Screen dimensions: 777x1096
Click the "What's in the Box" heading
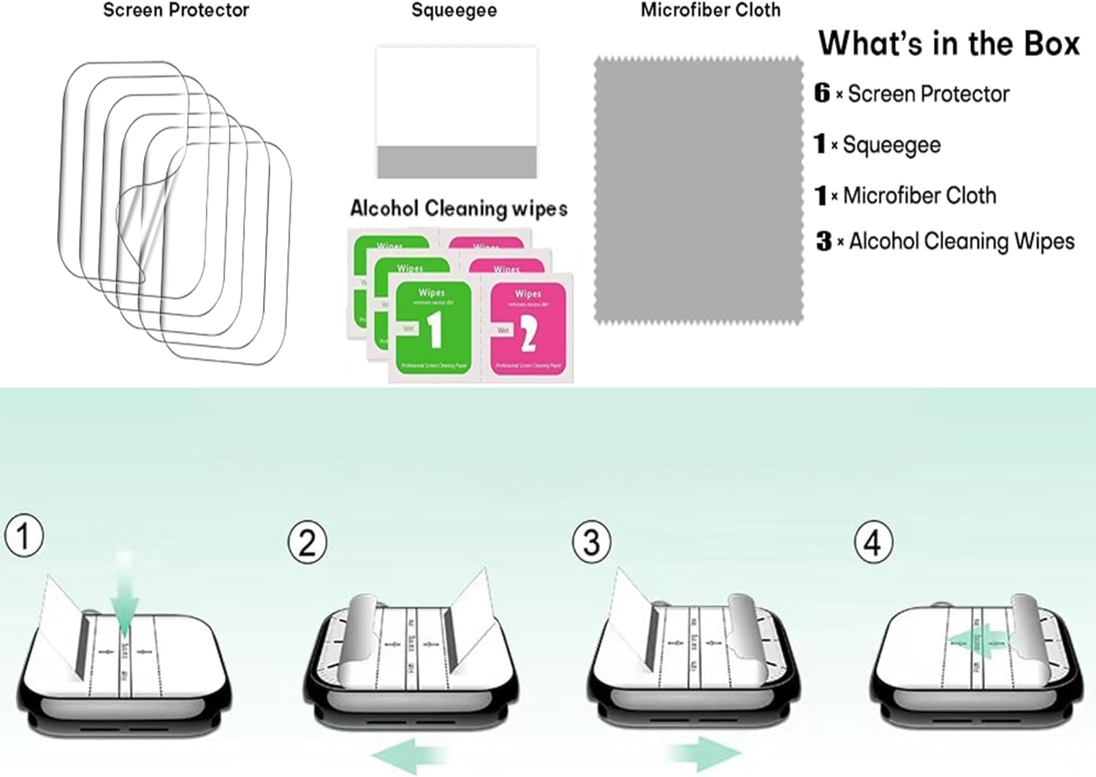click(948, 44)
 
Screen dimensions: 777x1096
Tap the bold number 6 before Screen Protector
click(822, 93)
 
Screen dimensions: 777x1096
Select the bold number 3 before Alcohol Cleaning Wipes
click(823, 241)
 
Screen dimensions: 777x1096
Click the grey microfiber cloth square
click(698, 190)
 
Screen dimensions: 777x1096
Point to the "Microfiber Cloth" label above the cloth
click(710, 10)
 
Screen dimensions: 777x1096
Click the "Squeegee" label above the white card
click(454, 10)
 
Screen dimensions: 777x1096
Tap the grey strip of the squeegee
click(457, 161)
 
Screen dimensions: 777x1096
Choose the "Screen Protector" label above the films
click(176, 10)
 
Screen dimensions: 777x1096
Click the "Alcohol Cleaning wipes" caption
click(458, 209)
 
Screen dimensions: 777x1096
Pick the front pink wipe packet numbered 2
click(528, 329)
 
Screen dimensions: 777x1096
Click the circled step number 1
click(24, 535)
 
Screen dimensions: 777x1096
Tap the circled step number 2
click(307, 543)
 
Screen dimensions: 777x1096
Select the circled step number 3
click(590, 543)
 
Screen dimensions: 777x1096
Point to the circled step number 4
click(872, 543)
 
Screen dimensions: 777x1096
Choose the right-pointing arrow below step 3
click(703, 753)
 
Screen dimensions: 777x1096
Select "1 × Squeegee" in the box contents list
click(878, 145)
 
